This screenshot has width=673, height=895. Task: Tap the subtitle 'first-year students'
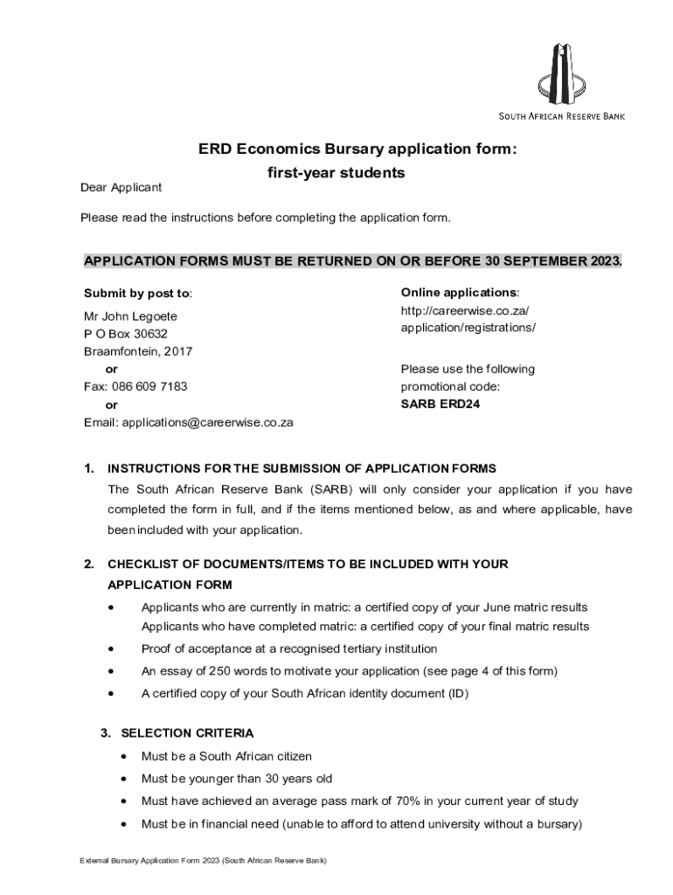[336, 173]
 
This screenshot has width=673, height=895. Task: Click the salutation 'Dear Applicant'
[121, 188]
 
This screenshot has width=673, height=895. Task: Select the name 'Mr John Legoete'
[130, 316]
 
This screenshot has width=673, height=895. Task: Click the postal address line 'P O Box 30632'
[125, 334]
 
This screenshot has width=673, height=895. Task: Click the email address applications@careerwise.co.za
[207, 422]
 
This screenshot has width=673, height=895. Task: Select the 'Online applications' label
[459, 292]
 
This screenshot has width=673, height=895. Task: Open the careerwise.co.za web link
[468, 319]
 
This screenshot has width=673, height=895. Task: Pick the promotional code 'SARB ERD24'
[440, 404]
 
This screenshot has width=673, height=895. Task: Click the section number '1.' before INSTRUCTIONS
[89, 468]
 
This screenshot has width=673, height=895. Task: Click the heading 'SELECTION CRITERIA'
[187, 732]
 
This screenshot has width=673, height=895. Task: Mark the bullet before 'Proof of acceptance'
[110, 649]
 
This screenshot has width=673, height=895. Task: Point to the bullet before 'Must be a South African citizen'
[127, 756]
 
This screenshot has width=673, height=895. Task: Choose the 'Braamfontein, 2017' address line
[138, 351]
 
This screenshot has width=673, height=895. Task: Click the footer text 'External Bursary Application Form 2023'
[149, 861]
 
